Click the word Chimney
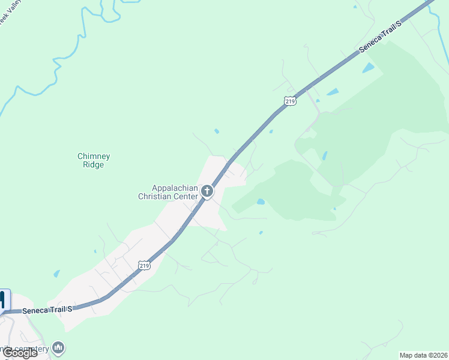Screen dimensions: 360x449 94,157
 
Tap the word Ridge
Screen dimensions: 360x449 94,165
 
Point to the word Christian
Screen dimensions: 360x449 158,196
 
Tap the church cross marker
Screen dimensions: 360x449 207,192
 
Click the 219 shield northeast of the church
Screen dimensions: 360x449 290,101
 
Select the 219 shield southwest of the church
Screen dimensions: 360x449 143,265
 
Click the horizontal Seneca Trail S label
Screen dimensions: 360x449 47,310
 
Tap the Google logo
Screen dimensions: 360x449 20,353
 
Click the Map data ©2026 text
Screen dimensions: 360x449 423,355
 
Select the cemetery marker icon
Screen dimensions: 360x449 58,347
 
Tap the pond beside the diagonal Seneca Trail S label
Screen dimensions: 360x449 368,68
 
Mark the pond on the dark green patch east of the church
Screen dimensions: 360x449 261,202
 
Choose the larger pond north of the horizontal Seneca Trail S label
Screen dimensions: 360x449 56,274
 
